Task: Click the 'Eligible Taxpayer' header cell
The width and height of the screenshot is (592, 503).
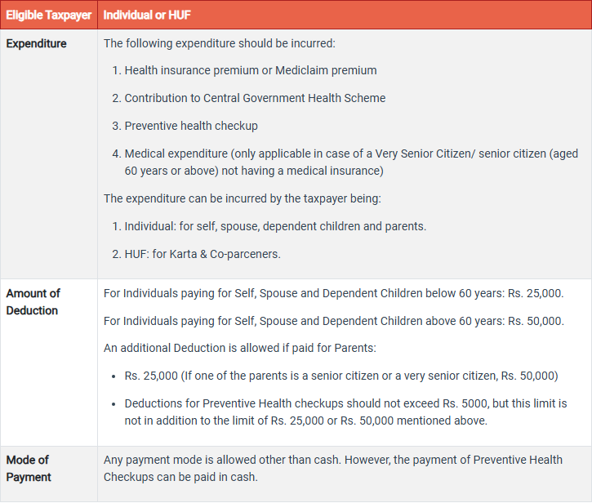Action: [x=48, y=15]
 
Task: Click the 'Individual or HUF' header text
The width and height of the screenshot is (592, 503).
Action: [x=148, y=15]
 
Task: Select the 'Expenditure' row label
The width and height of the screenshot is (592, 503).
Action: [x=37, y=43]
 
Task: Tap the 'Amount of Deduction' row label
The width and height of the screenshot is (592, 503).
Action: [x=33, y=301]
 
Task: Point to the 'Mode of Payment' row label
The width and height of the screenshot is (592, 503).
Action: [x=29, y=468]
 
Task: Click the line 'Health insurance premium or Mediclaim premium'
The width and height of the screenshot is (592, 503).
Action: [x=251, y=70]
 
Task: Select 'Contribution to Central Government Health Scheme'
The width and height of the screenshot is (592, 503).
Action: [x=255, y=98]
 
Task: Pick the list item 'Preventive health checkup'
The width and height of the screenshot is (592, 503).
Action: [x=191, y=126]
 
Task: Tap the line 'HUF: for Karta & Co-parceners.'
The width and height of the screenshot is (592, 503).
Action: [x=202, y=253]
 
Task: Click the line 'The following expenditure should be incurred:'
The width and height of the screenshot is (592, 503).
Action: [x=220, y=43]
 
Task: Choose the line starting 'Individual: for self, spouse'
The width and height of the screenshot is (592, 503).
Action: [x=275, y=225]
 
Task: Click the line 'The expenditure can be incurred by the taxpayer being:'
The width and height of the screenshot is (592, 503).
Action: [x=243, y=198]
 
